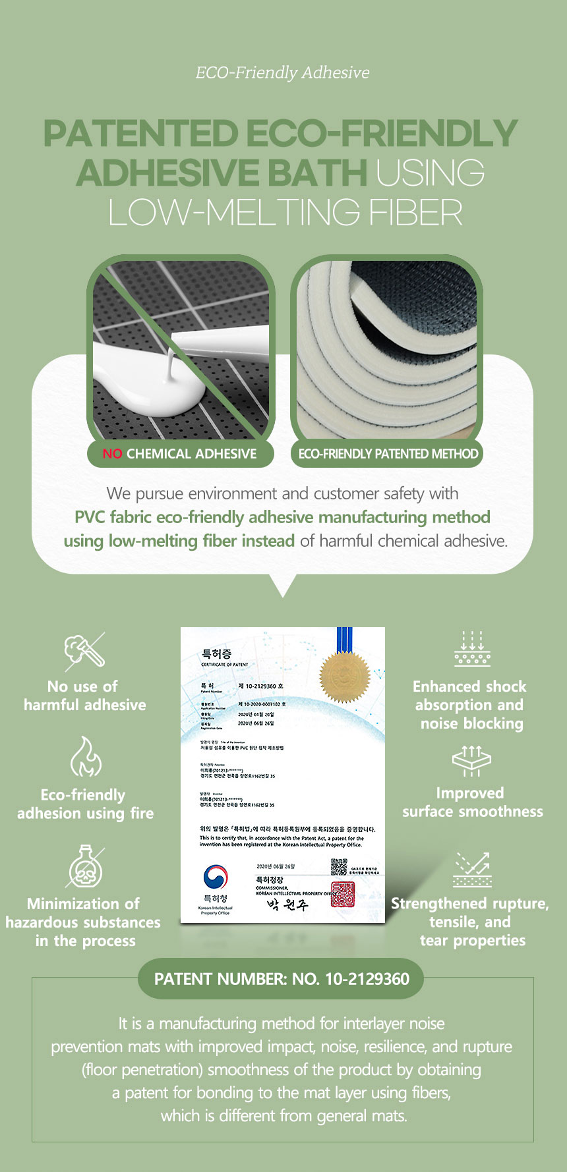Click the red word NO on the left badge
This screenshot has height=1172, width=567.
(x=112, y=454)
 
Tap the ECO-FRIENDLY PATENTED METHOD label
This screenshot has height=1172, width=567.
(x=388, y=454)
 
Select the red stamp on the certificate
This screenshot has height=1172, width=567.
(x=343, y=894)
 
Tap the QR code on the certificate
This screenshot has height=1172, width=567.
(x=338, y=866)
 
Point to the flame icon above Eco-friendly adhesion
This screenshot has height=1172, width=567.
(x=86, y=757)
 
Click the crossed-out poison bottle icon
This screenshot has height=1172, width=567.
(x=85, y=866)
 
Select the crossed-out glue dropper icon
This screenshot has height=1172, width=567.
(x=85, y=650)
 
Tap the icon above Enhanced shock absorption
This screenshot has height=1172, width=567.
(x=472, y=650)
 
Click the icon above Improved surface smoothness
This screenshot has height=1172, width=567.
(x=472, y=761)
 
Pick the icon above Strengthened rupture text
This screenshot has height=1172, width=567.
(x=472, y=870)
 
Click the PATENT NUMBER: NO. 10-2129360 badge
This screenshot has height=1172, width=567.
(x=281, y=979)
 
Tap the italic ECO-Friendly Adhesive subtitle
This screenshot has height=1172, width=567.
(x=282, y=72)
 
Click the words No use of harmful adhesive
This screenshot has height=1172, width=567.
(x=84, y=696)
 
